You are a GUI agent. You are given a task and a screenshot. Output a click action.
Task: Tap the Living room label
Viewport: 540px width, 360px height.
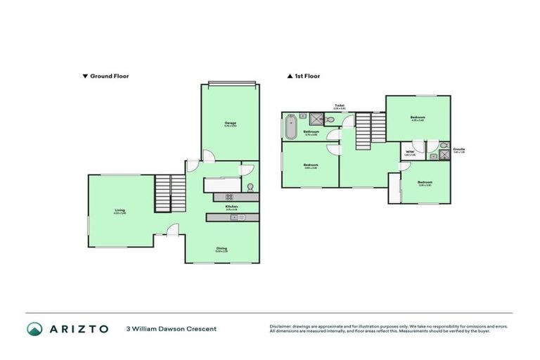point(120,210)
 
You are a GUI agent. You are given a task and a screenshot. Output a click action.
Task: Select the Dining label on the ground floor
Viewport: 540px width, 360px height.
point(221,247)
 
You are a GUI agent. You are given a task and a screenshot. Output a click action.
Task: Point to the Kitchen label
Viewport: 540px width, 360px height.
point(231,207)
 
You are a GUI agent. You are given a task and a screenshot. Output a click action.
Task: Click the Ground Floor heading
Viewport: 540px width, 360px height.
point(106,76)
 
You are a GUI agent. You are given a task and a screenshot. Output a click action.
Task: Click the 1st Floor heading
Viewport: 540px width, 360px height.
point(303,76)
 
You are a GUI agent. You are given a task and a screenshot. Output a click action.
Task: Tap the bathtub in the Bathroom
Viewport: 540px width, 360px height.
point(289,129)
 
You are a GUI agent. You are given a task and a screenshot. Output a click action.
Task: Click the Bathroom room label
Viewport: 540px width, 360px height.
point(311,131)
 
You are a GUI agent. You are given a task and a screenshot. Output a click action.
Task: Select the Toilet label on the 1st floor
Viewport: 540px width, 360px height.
point(339,105)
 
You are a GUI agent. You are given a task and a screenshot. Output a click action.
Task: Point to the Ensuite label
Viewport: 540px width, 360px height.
point(458,149)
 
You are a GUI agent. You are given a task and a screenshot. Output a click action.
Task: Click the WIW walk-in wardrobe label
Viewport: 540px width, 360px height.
point(409,151)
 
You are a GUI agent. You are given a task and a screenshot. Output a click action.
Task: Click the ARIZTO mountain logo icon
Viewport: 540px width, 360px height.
point(34,328)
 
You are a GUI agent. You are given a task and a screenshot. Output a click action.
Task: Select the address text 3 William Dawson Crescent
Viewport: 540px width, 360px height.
point(171,328)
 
